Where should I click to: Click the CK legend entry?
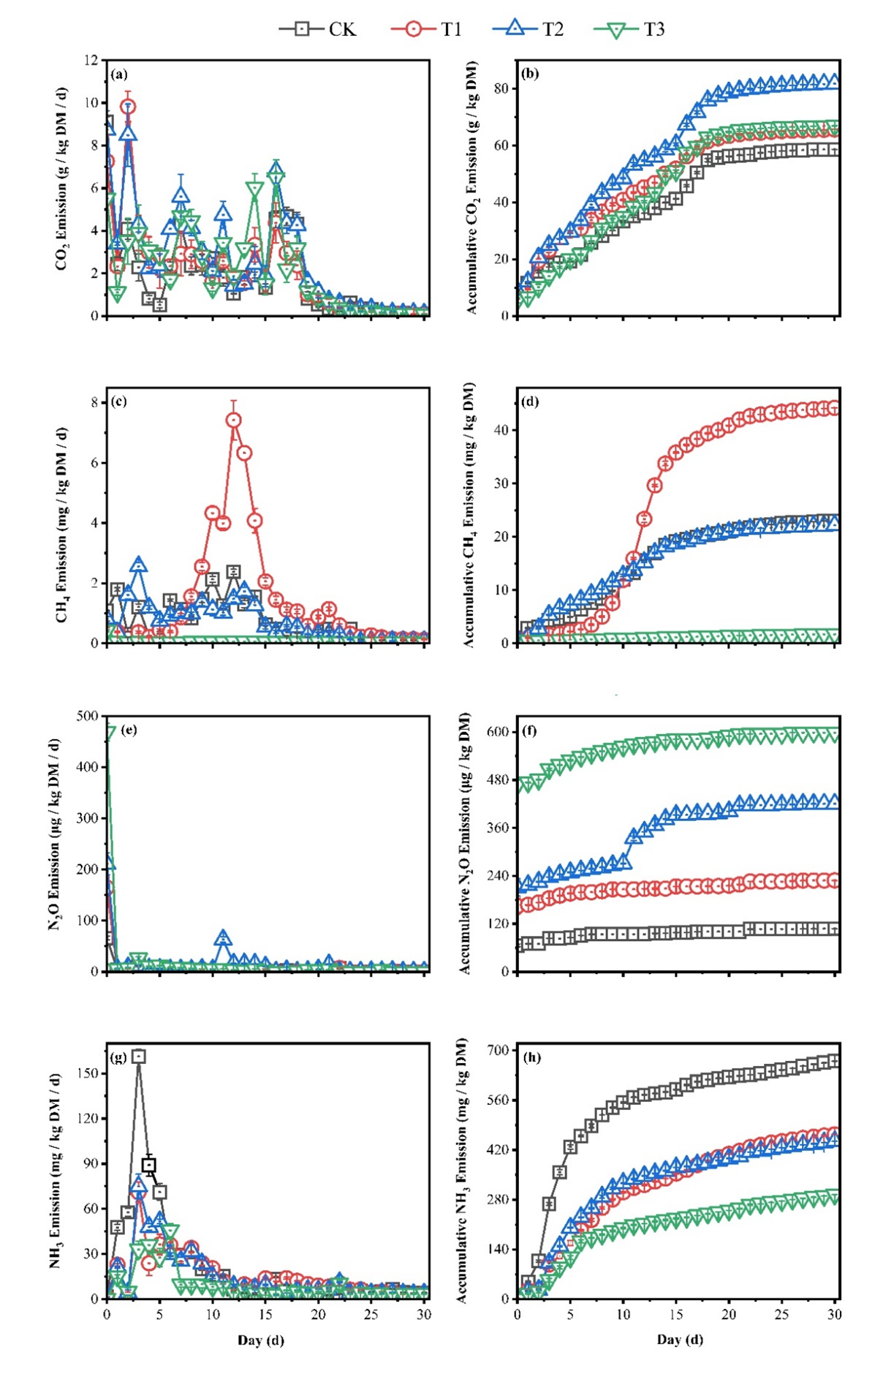coord(318,29)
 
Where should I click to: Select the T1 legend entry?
coord(427,29)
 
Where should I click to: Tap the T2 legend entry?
coord(528,29)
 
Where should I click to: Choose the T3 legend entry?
coord(629,29)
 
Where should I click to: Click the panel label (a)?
coord(119,74)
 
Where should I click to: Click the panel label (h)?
coord(531,1057)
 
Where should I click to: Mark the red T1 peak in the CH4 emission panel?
coord(233,420)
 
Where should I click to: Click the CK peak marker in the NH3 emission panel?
coord(138,1057)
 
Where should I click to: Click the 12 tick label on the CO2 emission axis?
coord(91,60)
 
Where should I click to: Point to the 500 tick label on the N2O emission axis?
coord(87,716)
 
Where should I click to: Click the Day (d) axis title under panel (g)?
coord(261,1340)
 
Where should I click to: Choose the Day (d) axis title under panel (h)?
coord(680,1340)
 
